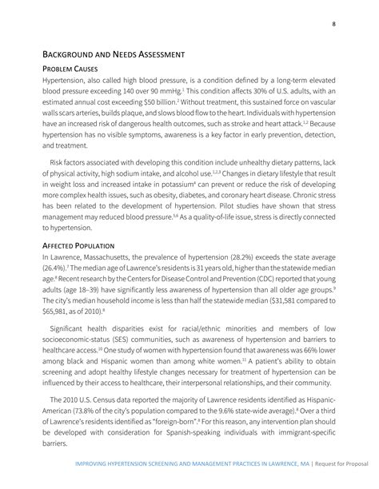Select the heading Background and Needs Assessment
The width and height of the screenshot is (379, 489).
pos(114,54)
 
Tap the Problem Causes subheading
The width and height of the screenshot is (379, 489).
pos(75,70)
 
